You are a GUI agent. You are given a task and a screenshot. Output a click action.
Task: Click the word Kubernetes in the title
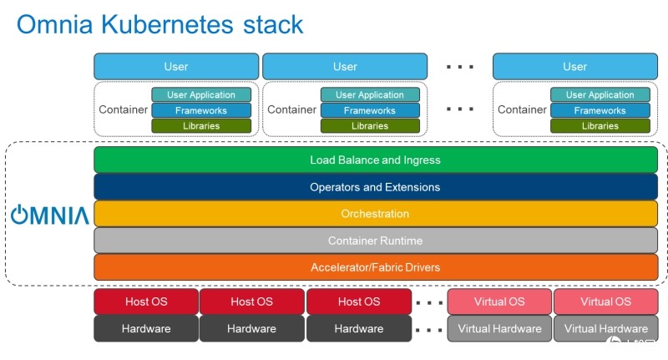pos(167,24)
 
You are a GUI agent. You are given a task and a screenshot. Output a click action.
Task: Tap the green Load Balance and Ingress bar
pos(375,160)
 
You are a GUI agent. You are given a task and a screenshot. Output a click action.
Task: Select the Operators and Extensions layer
pos(375,186)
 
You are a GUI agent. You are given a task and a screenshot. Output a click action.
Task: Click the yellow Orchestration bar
pos(375,214)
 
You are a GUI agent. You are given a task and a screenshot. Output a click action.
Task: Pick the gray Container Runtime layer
pos(375,241)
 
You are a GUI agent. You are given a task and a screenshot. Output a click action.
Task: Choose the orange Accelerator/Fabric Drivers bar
pos(375,267)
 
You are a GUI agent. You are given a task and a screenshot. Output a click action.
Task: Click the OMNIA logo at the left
pos(50,215)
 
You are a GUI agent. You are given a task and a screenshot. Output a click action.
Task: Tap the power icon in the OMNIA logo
pos(19,215)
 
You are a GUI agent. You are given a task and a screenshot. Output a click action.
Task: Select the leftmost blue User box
pos(176,67)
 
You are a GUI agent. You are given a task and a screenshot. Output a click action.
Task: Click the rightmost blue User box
pos(575,67)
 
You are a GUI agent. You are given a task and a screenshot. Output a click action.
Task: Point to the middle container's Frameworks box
pos(370,110)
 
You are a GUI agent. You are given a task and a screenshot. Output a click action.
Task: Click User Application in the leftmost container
pos(201,94)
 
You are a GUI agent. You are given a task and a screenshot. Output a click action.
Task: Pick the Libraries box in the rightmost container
pos(600,125)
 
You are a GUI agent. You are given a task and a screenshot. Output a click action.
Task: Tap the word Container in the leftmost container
pos(123,109)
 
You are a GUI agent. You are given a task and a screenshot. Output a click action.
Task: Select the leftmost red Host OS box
pos(146,302)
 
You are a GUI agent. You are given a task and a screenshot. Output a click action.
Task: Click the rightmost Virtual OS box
pos(606,302)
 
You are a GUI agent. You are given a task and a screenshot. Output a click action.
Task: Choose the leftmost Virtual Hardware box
pos(499,328)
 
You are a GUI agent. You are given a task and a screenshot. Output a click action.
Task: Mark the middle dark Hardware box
pos(252,328)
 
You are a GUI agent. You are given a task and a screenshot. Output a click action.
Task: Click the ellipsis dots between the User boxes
pos(460,67)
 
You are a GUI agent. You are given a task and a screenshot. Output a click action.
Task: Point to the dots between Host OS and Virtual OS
pos(429,303)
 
